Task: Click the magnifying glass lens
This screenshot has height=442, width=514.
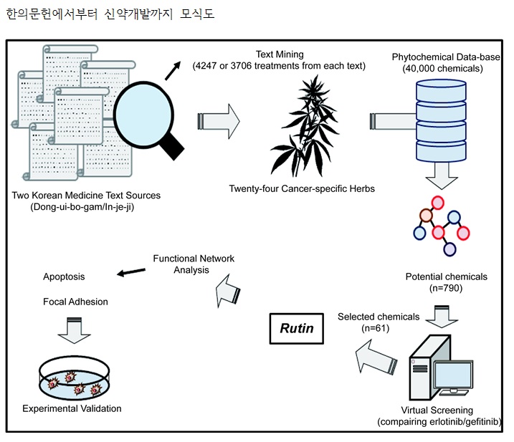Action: point(143,108)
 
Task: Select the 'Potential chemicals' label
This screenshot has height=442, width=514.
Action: point(446,277)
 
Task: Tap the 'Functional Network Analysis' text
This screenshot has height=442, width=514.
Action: point(194,264)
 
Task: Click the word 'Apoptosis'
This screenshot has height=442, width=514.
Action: point(64,277)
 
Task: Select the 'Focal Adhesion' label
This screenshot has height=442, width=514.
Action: point(75,302)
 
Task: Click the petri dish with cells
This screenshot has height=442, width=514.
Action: point(72,378)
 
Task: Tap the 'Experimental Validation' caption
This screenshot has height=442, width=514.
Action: point(72,409)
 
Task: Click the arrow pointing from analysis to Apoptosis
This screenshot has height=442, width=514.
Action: point(131,272)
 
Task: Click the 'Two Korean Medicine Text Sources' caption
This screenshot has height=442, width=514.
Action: point(86,196)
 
